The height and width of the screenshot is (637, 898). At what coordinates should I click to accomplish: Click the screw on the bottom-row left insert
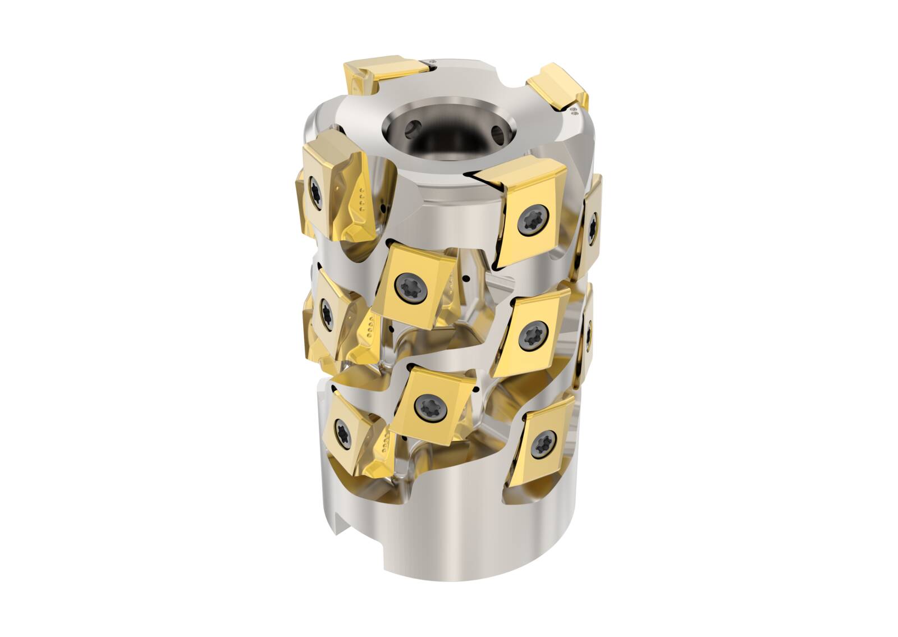(x=340, y=429)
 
